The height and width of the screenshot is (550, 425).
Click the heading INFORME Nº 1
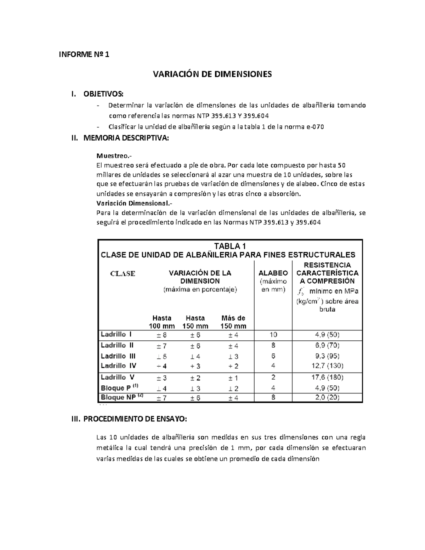click(84, 55)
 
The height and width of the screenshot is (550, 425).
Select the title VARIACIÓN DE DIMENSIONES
click(212, 74)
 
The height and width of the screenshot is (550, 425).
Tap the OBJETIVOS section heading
click(103, 94)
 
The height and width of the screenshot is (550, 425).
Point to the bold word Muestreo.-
click(111, 156)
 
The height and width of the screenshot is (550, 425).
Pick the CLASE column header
click(123, 273)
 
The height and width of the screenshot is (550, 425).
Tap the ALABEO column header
click(273, 273)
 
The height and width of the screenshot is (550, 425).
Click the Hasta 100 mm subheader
click(161, 322)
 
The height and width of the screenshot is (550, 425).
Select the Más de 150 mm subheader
click(233, 322)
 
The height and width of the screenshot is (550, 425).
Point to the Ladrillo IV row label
click(118, 365)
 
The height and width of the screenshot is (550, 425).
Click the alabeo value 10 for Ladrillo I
click(273, 334)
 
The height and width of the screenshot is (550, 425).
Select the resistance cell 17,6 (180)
click(327, 377)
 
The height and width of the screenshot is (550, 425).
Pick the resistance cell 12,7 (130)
click(327, 365)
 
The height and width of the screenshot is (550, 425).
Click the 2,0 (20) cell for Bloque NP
click(327, 397)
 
